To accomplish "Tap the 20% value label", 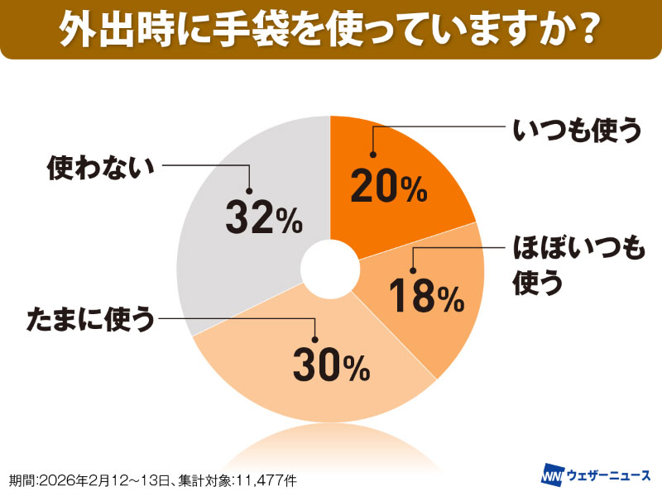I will click(388, 187).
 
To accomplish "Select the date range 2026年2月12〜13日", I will click(108, 479).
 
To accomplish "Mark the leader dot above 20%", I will click(373, 154).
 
